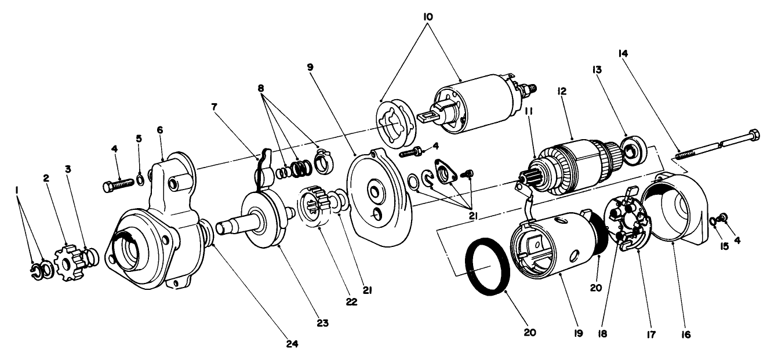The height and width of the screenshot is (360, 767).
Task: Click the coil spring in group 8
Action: [x=299, y=169]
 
